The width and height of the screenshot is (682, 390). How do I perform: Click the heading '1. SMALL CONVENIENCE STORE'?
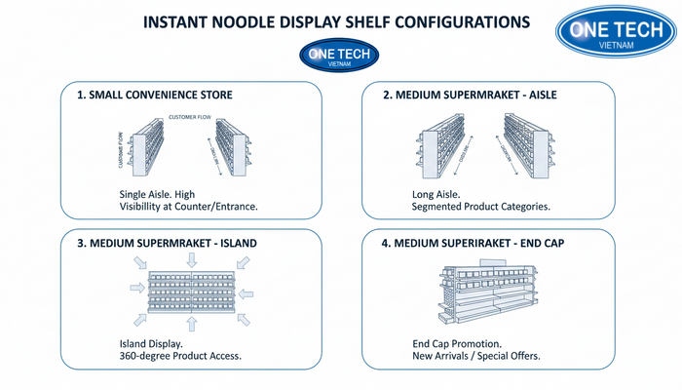coord(155,96)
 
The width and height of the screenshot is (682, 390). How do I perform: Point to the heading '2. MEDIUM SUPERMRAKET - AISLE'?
coord(470,96)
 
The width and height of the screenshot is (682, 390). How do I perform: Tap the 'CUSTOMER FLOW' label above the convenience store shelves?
coord(191,117)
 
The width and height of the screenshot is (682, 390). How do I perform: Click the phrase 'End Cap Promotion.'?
coord(457,343)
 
